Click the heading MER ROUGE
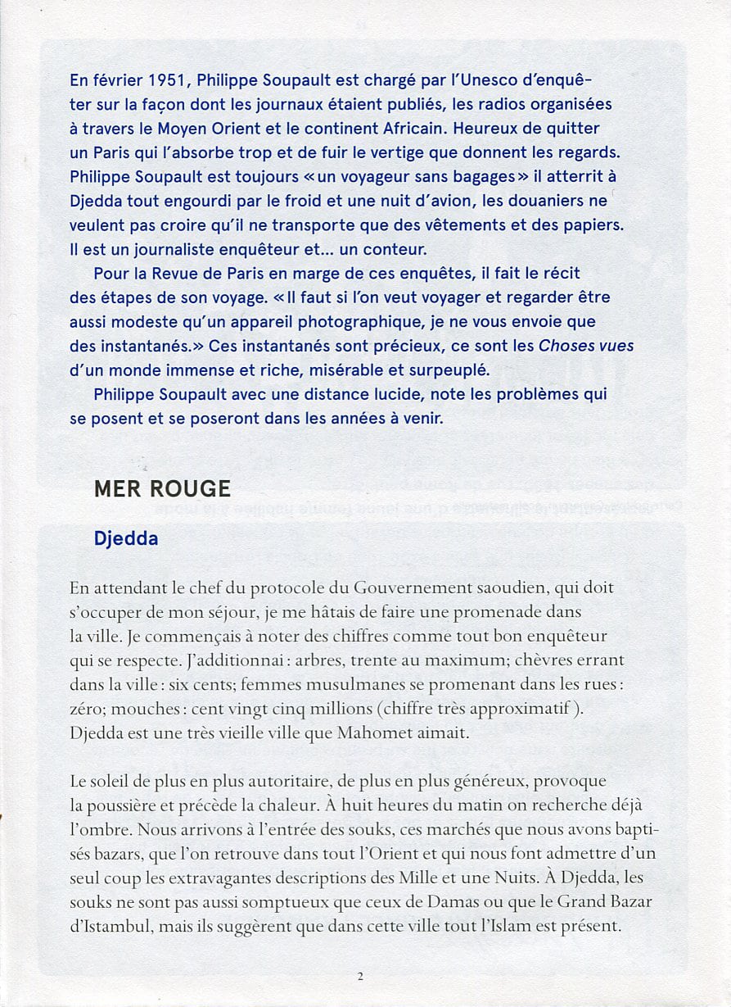coord(162,488)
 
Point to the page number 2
coord(359,976)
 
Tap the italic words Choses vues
coord(586,346)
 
